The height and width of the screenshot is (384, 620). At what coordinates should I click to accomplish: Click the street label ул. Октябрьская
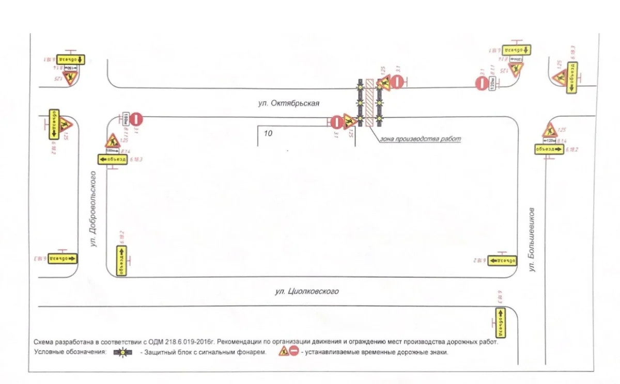289,103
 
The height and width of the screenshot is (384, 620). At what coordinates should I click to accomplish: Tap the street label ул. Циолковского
307,292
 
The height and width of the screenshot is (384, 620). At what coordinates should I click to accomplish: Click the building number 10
268,133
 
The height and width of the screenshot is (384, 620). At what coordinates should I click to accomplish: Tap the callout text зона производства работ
420,139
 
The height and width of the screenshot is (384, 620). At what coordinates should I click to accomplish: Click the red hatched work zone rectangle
369,103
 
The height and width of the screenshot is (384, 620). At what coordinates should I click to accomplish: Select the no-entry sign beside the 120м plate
482,83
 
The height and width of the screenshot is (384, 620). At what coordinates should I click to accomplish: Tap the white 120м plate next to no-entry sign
492,83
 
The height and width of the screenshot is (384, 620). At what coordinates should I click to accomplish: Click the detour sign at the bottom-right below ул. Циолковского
500,318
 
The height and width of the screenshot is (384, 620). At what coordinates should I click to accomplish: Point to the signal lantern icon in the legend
123,353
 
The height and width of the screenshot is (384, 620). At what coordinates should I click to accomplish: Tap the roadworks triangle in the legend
284,352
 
